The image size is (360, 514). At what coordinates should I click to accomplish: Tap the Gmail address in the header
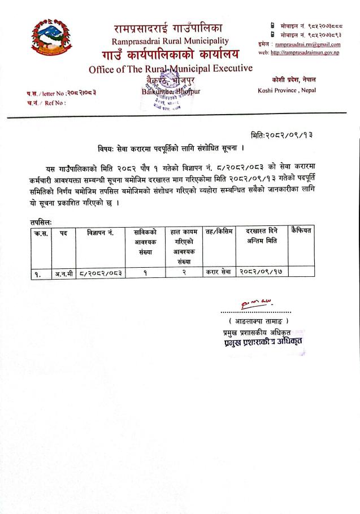coord(307,43)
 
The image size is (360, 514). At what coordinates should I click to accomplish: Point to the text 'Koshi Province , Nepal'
coord(287,90)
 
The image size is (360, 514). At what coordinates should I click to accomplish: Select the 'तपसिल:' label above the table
coord(40,223)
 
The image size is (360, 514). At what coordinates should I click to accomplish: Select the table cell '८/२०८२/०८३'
coord(101,273)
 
